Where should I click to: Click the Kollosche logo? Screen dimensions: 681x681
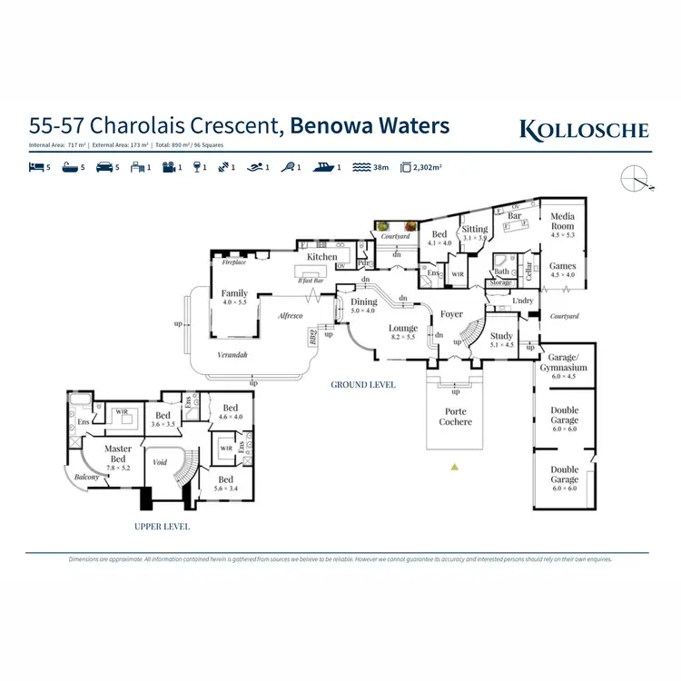click(x=585, y=129)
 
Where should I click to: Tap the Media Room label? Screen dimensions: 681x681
click(x=563, y=221)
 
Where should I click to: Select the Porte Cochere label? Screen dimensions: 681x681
click(x=456, y=416)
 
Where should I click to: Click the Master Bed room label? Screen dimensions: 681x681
click(x=118, y=453)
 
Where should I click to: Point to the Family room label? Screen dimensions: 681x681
click(x=234, y=293)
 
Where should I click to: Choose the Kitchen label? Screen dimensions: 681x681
click(x=321, y=257)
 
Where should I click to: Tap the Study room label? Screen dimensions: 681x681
click(x=501, y=336)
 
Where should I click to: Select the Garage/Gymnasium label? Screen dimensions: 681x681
click(x=563, y=363)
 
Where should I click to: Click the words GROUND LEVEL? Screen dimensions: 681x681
click(x=363, y=384)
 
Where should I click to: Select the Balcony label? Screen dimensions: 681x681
click(x=88, y=477)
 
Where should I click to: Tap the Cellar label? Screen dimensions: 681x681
click(x=527, y=271)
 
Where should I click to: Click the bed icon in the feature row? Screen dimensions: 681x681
click(x=36, y=167)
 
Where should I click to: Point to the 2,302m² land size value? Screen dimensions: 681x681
click(x=427, y=167)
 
